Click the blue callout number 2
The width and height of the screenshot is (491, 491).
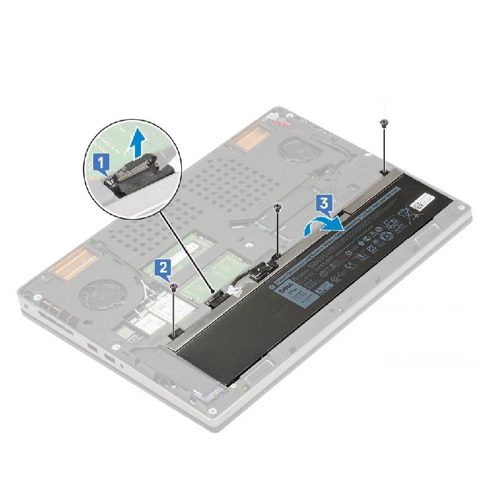(163, 266)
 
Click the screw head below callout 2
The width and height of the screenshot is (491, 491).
(174, 285)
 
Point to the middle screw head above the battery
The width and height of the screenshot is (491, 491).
(278, 207)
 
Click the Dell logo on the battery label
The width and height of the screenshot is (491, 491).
(285, 288)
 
